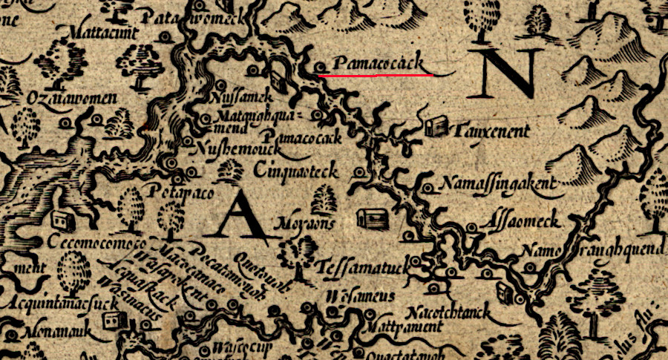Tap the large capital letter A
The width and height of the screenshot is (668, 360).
click(x=237, y=215)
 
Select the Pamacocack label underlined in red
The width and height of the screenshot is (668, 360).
click(x=378, y=65)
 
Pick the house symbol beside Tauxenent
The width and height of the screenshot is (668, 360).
click(x=437, y=126)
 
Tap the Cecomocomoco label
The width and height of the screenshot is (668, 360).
click(x=95, y=243)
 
